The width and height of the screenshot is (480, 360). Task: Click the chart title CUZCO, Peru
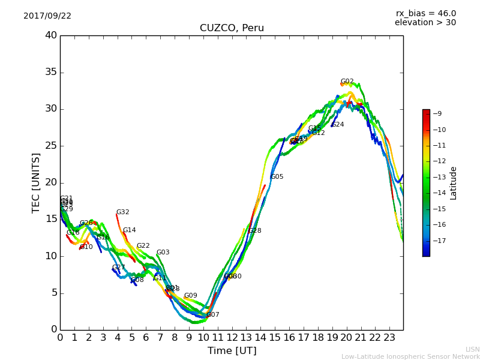[232, 28]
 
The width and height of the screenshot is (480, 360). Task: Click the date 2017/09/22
[47, 16]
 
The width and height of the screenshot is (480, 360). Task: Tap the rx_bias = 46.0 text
[425, 14]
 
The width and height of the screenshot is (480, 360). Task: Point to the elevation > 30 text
[425, 23]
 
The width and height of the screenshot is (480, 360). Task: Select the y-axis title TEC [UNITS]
[37, 182]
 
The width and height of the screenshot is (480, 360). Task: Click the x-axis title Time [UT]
[232, 351]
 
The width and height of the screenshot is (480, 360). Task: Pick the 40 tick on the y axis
[51, 35]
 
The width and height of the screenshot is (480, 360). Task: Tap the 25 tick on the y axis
[51, 146]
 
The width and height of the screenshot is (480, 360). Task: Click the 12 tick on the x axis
[232, 337]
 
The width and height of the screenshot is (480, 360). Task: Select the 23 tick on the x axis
[389, 337]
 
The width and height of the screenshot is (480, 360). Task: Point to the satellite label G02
[347, 82]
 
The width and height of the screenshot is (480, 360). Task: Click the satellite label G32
[122, 212]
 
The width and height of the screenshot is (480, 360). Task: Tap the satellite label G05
[277, 177]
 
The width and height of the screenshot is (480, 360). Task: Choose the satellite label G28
[255, 231]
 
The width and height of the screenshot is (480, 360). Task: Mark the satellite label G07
[213, 315]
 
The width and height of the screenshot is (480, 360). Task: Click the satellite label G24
[338, 125]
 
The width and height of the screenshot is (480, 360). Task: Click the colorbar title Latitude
[454, 183]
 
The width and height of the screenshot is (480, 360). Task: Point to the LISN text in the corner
[472, 349]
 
